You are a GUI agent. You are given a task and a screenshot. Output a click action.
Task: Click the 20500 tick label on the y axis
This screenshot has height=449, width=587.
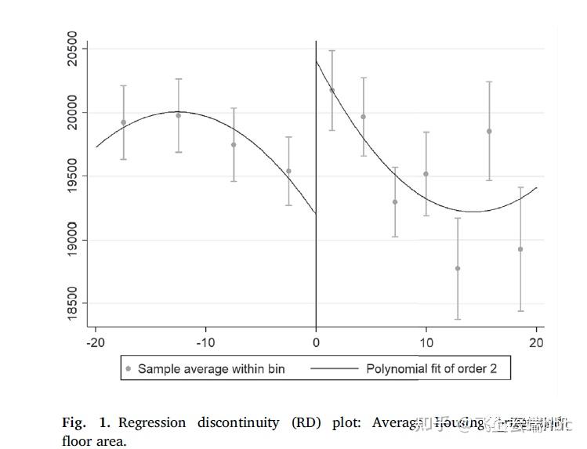73,49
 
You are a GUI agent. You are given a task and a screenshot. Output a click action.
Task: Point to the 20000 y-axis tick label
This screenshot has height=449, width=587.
73,113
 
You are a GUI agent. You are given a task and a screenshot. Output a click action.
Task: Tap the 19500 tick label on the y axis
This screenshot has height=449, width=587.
73,176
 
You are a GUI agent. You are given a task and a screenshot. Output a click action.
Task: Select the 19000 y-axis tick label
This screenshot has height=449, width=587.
73,240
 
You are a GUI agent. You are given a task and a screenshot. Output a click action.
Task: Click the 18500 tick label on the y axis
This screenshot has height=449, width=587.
73,303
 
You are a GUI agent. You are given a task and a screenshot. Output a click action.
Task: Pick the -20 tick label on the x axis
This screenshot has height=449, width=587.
95,342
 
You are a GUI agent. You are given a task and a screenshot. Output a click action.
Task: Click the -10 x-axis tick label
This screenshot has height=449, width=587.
205,342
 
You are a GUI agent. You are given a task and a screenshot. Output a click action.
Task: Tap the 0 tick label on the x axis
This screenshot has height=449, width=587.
316,342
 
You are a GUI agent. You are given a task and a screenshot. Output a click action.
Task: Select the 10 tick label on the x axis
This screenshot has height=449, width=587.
426,342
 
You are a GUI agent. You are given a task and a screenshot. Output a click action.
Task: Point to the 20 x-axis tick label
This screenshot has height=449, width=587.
537,342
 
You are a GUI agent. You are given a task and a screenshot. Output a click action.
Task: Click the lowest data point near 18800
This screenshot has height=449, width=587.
458,269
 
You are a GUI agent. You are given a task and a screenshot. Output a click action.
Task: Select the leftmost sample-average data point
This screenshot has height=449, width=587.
124,122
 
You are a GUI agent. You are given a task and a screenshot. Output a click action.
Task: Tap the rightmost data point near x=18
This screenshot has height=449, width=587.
520,249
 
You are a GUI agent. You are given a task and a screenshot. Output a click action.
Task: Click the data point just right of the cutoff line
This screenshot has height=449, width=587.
332,90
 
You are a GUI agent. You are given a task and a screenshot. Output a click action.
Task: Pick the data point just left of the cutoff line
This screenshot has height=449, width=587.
288,171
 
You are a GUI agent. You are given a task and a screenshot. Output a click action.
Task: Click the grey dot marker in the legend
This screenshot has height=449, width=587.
129,368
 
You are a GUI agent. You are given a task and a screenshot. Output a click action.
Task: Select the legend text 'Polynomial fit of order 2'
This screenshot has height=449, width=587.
431,368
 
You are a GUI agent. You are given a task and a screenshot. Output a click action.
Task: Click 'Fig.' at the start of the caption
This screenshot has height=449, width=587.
74,422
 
